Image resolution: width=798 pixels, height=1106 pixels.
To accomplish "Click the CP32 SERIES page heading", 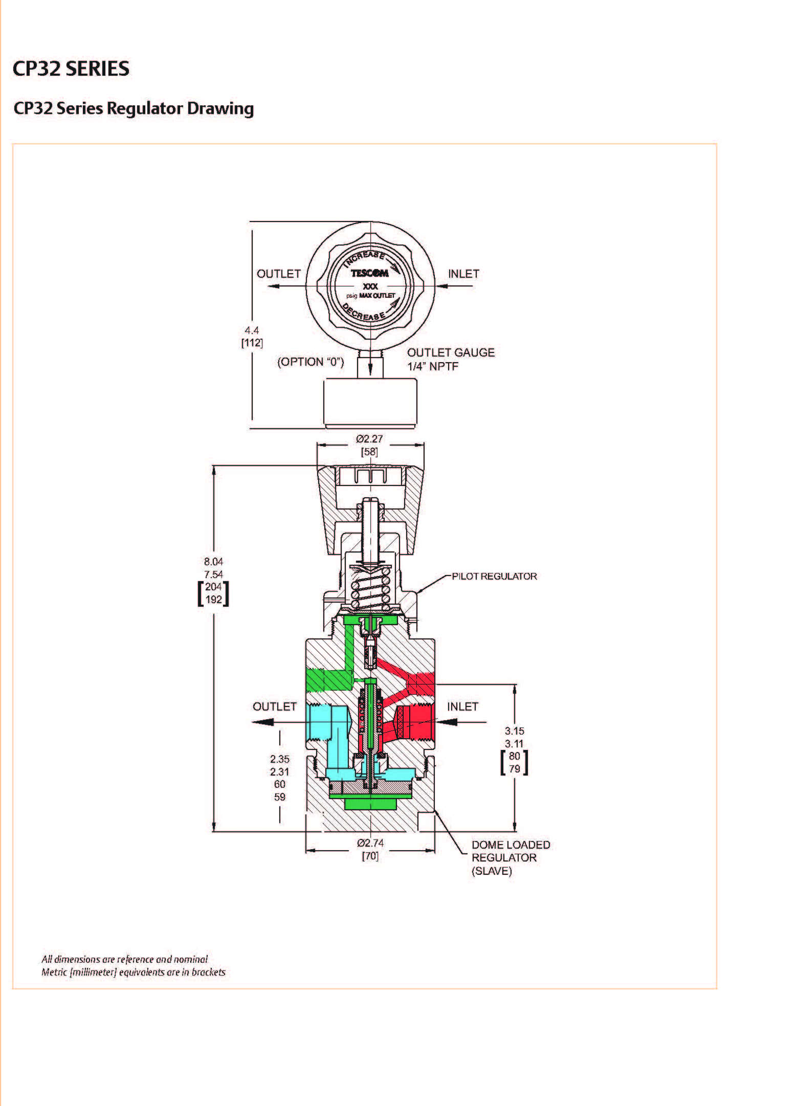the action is pos(71,69).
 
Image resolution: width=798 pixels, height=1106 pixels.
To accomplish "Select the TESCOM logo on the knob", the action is pos(369,273).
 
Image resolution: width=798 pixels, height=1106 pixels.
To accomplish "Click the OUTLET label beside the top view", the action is pos(278,274).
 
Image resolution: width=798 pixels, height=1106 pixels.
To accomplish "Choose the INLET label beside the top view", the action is pos(463,274).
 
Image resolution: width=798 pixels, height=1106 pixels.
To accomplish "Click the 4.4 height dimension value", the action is pos(252,330).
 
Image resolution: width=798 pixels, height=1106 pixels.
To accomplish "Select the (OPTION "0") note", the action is pos(311,362).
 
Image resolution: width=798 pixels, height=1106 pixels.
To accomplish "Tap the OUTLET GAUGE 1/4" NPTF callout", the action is pos(451,359).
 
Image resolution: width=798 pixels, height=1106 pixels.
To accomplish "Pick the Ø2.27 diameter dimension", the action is pos(369,438).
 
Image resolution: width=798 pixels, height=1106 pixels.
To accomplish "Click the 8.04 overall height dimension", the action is pos(213,561).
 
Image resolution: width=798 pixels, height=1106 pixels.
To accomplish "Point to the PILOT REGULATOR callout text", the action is pos(494,576).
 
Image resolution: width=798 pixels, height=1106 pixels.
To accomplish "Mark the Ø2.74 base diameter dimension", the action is pos(370,843).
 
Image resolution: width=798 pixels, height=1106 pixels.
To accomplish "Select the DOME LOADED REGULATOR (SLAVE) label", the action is pos(511,858).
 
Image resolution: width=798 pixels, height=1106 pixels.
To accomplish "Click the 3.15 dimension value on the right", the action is pos(514,731).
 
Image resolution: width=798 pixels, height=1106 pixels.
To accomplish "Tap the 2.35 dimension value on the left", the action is pos(280,759).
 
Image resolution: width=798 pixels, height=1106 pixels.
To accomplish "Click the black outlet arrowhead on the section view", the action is pos(262,722).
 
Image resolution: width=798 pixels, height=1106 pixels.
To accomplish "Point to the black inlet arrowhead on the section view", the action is pos(447,722).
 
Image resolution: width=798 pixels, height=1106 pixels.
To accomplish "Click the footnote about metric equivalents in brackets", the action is pos(134,972).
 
